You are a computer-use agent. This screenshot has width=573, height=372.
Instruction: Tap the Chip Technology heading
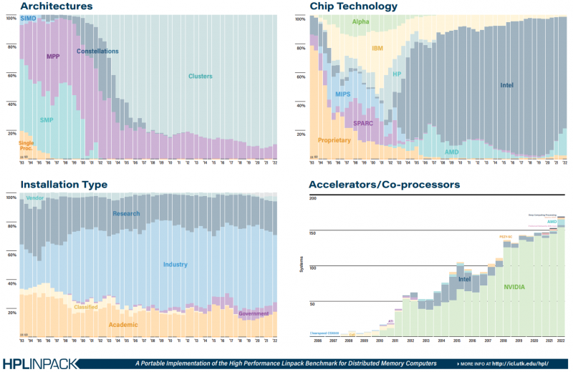[x=353, y=6]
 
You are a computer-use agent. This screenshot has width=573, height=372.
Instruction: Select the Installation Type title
[x=64, y=185]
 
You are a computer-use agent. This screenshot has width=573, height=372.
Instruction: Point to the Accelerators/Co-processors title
[x=384, y=185]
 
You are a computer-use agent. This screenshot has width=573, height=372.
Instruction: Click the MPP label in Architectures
[x=53, y=57]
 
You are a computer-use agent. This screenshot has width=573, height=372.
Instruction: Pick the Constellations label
[x=97, y=52]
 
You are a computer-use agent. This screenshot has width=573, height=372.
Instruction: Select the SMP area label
[x=48, y=119]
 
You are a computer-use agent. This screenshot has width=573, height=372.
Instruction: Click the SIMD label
[x=29, y=17]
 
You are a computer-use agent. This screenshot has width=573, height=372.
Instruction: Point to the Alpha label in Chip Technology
[x=360, y=22]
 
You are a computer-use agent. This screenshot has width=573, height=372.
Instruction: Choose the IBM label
[x=378, y=49]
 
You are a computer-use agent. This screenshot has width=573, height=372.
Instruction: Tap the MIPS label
[x=343, y=94]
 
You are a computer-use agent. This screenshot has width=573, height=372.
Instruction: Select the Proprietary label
[x=334, y=140]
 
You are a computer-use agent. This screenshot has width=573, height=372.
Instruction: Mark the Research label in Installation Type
[x=126, y=213]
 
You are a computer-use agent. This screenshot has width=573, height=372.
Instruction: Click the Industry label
[x=175, y=265]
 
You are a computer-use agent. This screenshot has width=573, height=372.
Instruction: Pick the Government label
[x=254, y=313]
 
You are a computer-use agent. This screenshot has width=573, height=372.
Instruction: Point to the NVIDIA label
[x=514, y=287]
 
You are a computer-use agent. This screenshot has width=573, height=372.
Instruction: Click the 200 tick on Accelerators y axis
[x=312, y=198]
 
